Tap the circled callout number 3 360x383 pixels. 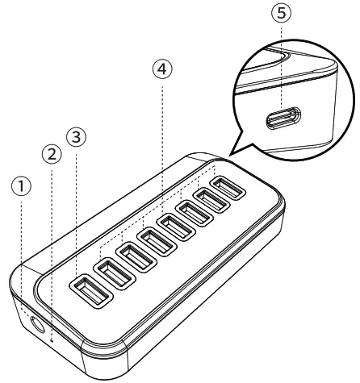[77, 137]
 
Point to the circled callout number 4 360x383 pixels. [163, 69]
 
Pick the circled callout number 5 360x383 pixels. [283, 13]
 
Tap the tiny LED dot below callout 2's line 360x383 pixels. [53, 341]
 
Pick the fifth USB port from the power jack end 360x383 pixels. [177, 221]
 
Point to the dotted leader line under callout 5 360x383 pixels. [283, 65]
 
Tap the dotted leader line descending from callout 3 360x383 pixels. [77, 210]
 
